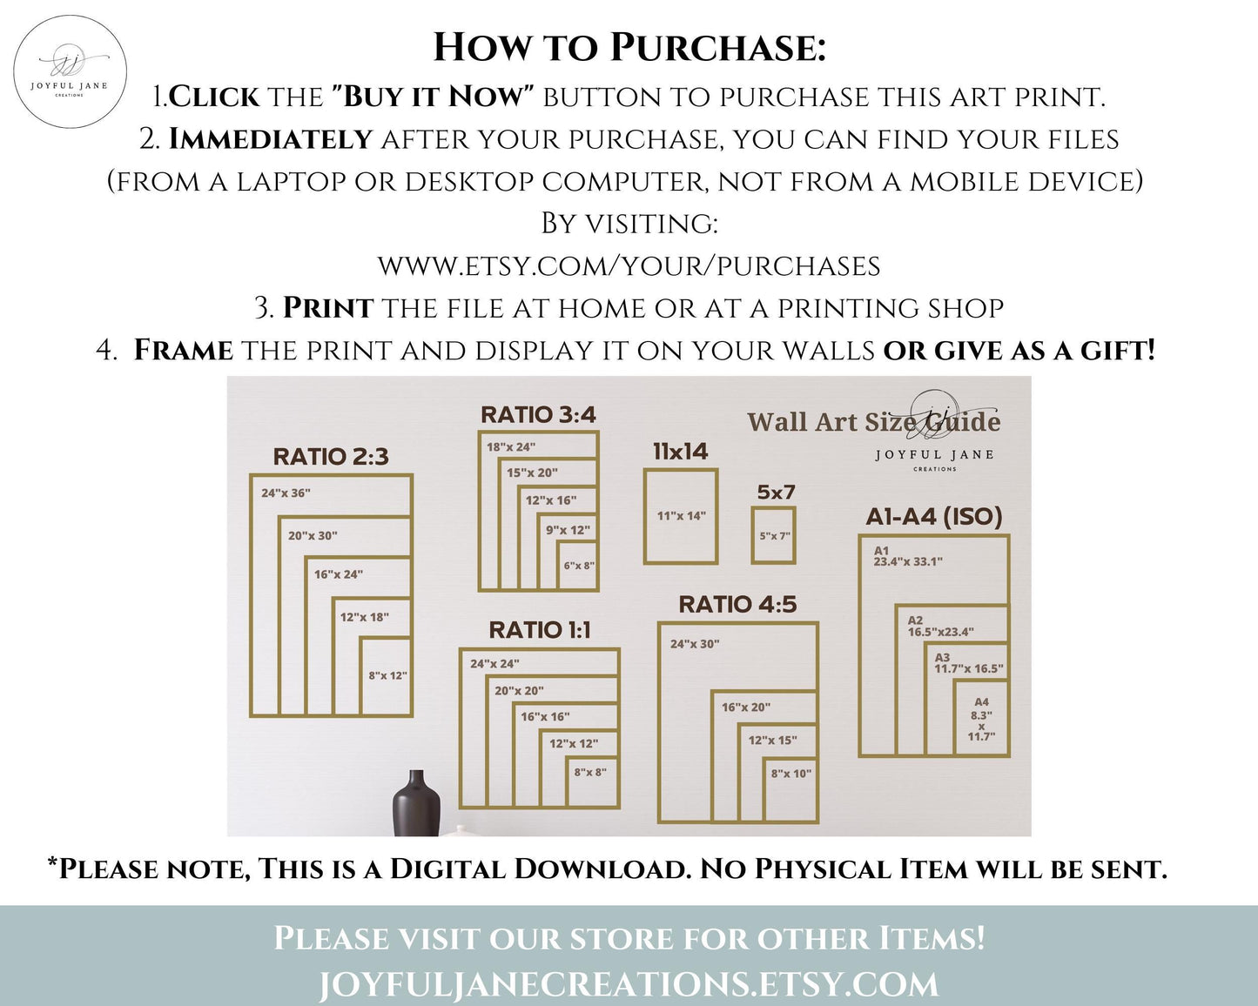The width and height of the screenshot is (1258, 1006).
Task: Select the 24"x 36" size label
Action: [x=286, y=493]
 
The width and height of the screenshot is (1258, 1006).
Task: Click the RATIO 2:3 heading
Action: [x=331, y=457]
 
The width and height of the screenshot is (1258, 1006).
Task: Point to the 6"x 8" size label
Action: [x=579, y=566]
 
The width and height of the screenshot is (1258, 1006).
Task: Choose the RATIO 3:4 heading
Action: [x=538, y=414]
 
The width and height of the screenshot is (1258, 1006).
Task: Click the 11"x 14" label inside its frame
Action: [x=681, y=515]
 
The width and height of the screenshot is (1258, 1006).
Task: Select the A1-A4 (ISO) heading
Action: [x=934, y=516]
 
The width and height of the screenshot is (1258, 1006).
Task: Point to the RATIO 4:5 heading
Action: [x=737, y=604]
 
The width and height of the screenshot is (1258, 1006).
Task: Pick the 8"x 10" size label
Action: [x=790, y=774]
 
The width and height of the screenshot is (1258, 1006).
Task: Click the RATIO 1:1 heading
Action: [x=540, y=630]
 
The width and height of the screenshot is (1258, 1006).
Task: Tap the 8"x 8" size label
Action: [x=590, y=772]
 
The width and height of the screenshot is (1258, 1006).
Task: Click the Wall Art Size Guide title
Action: [x=874, y=421]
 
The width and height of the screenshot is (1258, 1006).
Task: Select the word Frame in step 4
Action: [x=183, y=351]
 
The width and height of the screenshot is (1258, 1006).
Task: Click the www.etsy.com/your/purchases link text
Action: [x=629, y=266]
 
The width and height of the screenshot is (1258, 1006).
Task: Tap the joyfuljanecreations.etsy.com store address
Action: [x=629, y=984]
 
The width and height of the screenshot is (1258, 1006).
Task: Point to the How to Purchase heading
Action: [x=629, y=47]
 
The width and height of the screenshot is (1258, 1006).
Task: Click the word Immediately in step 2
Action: [x=271, y=139]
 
